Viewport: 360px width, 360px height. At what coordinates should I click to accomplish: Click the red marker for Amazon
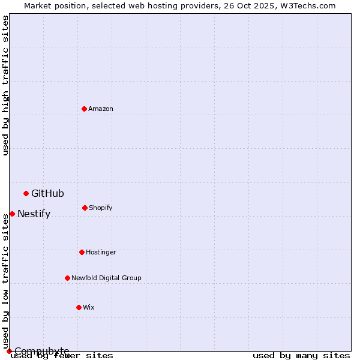pyautogui.click(x=84, y=109)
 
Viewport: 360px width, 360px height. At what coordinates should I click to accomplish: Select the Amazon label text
pyautogui.click(x=101, y=109)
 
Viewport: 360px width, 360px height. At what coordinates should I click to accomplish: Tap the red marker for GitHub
pyautogui.click(x=26, y=193)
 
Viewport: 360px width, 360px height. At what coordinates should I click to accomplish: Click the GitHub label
pyautogui.click(x=47, y=193)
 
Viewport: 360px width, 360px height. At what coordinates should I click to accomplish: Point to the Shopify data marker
pyautogui.click(x=85, y=208)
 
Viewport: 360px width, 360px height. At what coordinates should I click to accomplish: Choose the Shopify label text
pyautogui.click(x=101, y=208)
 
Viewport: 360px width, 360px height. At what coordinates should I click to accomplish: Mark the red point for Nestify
pyautogui.click(x=12, y=214)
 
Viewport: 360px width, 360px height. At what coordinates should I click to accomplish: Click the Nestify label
pyautogui.click(x=34, y=214)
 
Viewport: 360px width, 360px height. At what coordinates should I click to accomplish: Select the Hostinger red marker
pyautogui.click(x=82, y=252)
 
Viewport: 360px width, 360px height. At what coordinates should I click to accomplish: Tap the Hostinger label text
pyautogui.click(x=101, y=252)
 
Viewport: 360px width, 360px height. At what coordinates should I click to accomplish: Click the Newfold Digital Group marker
pyautogui.click(x=67, y=278)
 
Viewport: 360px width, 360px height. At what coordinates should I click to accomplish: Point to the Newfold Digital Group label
pyautogui.click(x=106, y=278)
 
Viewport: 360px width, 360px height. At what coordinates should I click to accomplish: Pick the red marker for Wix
pyautogui.click(x=79, y=307)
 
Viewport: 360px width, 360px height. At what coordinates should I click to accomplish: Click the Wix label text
pyautogui.click(x=89, y=307)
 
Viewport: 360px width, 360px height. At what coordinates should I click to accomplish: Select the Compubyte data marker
pyautogui.click(x=9, y=351)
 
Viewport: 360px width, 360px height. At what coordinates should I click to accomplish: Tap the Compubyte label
pyautogui.click(x=41, y=351)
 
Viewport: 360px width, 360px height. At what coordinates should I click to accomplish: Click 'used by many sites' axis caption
pyautogui.click(x=301, y=356)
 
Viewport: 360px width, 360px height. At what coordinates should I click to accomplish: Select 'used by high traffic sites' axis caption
pyautogui.click(x=5, y=85)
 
